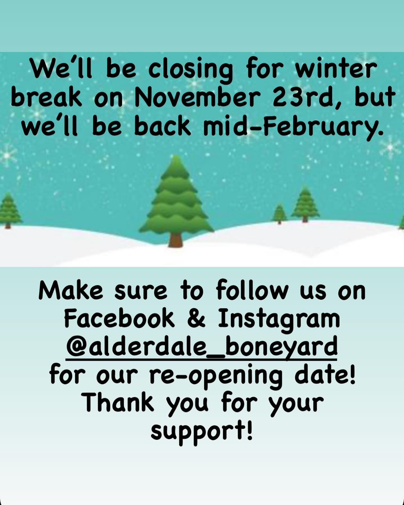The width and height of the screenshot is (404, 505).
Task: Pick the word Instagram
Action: (x=279, y=320)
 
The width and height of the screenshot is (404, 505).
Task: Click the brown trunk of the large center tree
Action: (x=176, y=240)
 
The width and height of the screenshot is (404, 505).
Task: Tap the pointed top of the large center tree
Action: (x=176, y=156)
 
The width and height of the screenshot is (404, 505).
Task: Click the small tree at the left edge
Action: (x=9, y=210)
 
